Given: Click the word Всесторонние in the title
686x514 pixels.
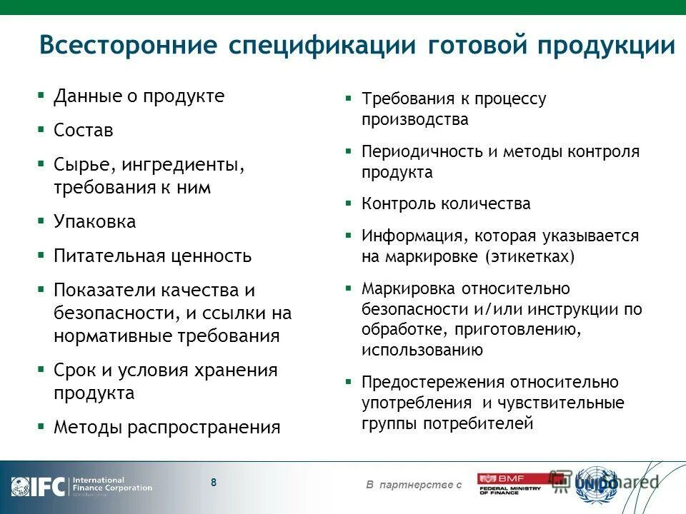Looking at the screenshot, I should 128,45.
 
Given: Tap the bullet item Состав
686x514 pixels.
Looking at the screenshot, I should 84,131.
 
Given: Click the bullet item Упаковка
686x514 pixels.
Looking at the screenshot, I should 94,222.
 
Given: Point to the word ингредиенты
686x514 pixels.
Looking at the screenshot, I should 182,165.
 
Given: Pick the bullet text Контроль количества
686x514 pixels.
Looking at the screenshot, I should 446,204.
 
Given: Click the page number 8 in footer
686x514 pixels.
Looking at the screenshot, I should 214,482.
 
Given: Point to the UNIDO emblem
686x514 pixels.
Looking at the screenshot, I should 597,484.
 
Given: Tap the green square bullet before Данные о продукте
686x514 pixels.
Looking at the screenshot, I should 41,95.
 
